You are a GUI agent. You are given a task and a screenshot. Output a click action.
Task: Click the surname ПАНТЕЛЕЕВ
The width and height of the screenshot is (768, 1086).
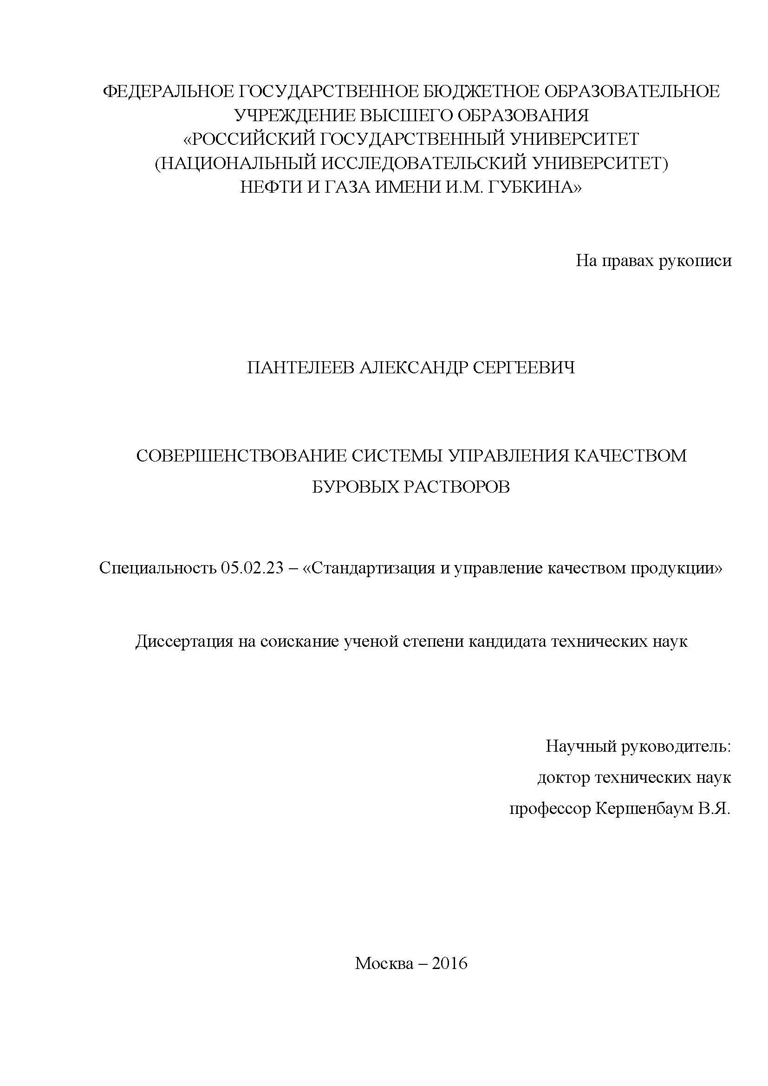[300, 368]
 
